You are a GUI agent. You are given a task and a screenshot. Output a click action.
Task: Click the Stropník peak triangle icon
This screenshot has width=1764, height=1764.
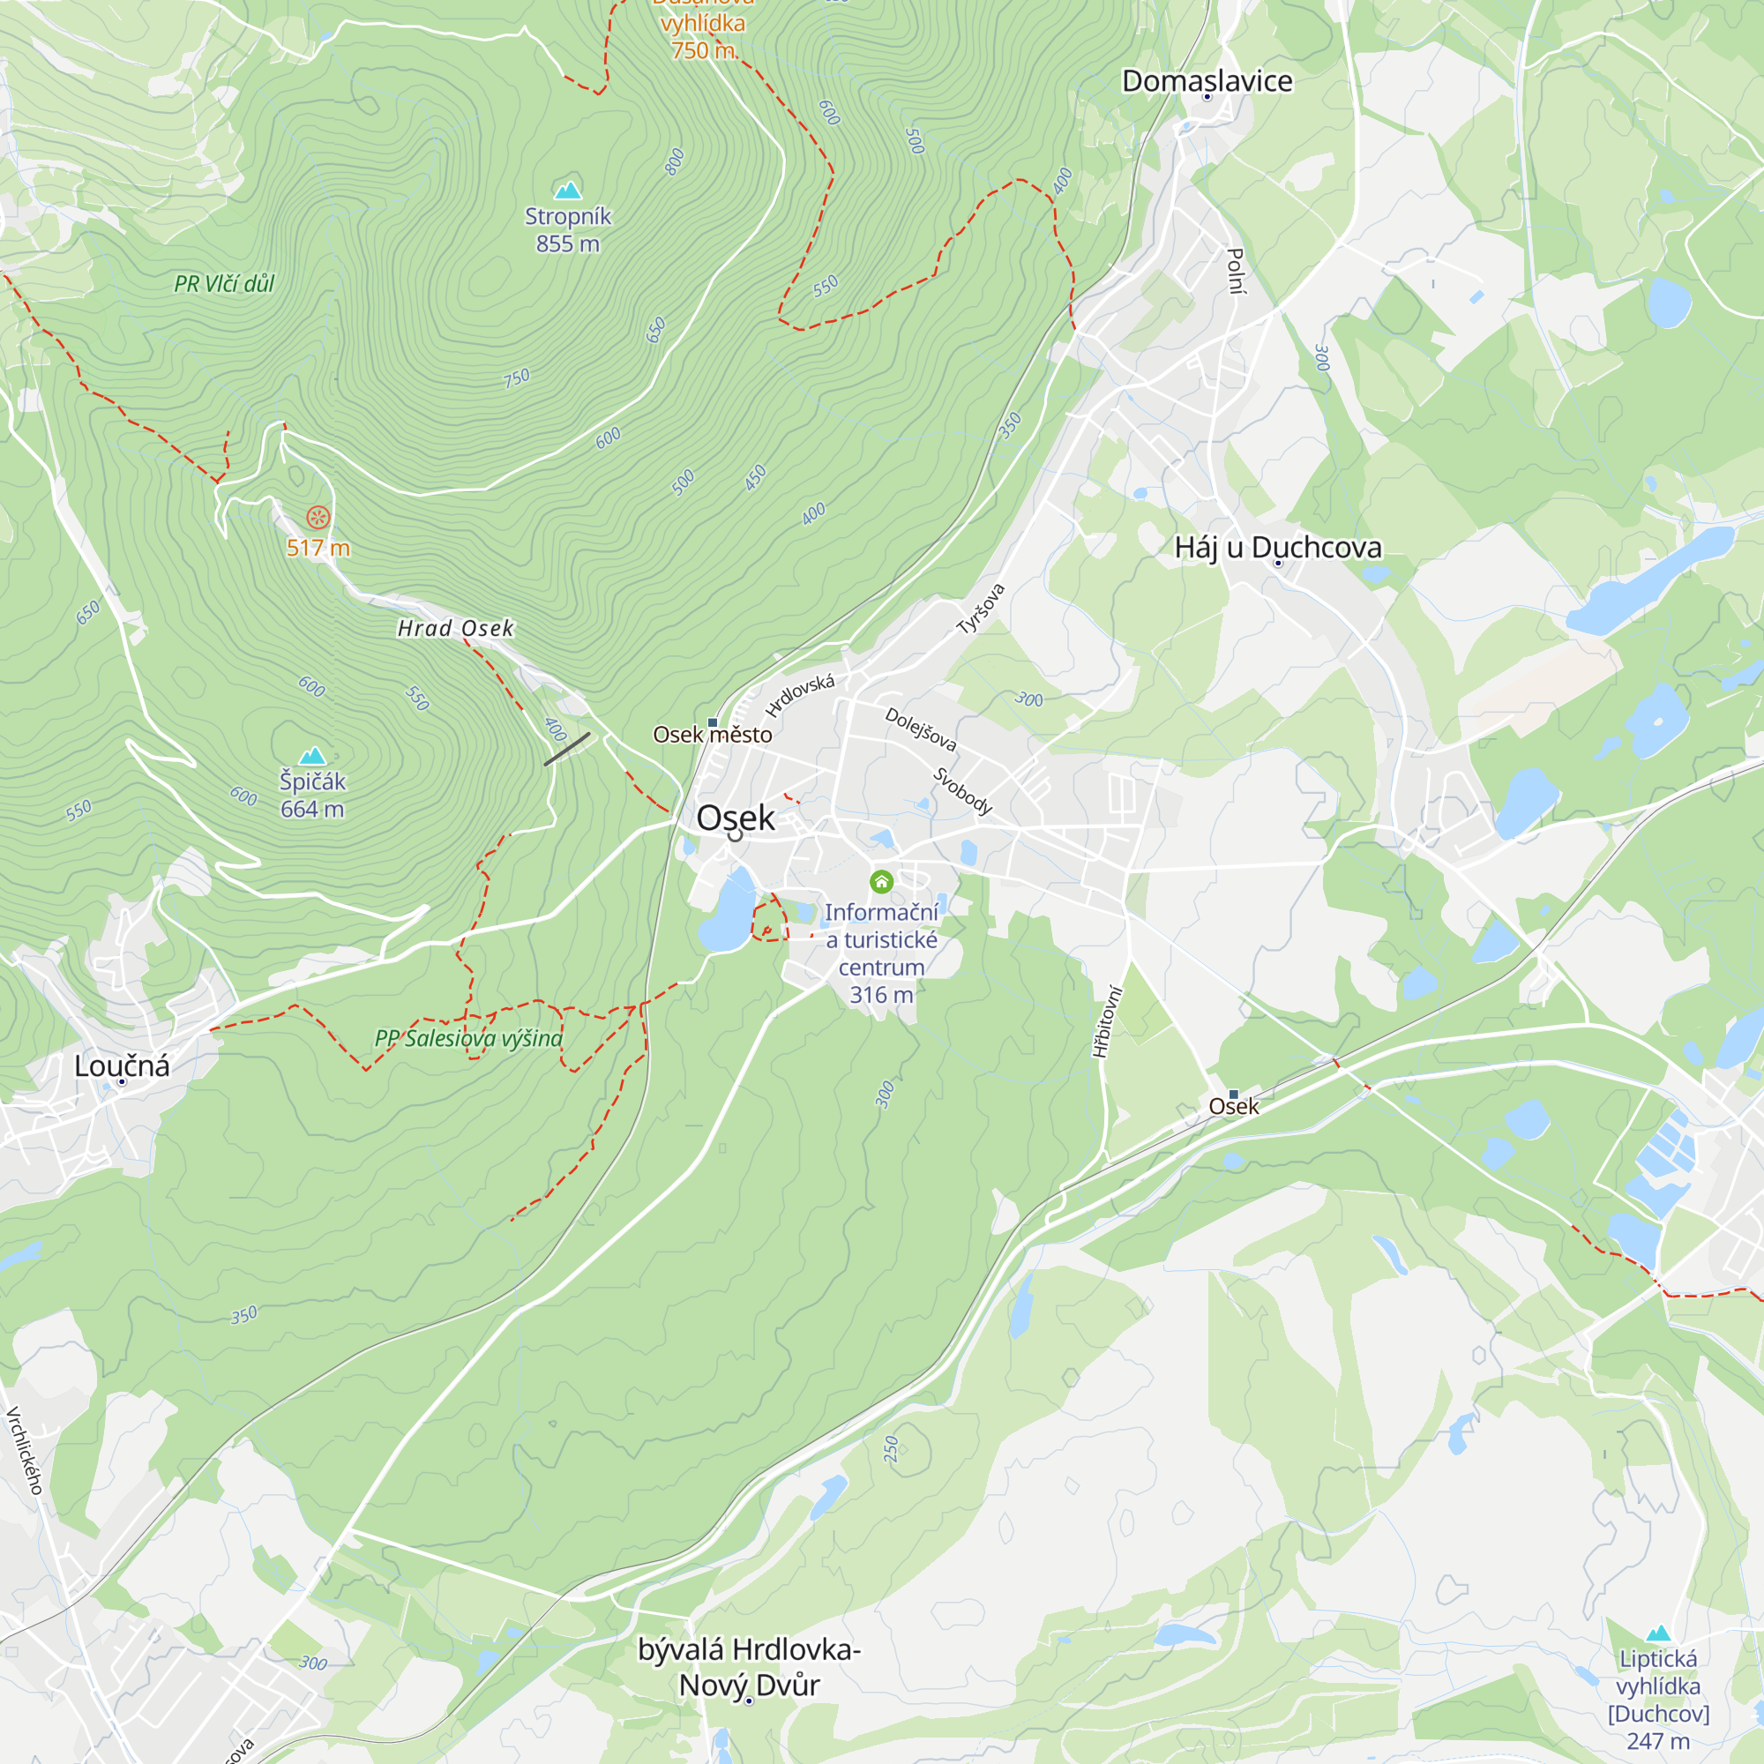pos(568,190)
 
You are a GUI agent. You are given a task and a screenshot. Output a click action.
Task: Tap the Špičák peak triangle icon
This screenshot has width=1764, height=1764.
pos(312,755)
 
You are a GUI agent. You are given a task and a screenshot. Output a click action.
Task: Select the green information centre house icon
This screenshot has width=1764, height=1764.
pos(881,881)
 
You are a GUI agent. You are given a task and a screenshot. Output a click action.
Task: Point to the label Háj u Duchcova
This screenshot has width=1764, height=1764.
pos(1277,547)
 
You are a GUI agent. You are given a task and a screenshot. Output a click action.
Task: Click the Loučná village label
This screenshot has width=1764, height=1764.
pos(122,1065)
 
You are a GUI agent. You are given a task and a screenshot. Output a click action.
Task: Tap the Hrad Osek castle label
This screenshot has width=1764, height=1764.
pos(456,628)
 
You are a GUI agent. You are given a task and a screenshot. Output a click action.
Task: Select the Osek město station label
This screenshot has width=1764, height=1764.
pos(712,734)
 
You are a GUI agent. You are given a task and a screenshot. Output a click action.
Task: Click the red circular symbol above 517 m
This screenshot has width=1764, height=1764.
pos(318,518)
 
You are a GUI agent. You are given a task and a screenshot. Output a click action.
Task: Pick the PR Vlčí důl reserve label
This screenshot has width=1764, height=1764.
pos(225,284)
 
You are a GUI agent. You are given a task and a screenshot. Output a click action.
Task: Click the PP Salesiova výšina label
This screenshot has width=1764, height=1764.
pos(468,1038)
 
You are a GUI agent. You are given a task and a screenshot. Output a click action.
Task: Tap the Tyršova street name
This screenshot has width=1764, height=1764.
pos(981,608)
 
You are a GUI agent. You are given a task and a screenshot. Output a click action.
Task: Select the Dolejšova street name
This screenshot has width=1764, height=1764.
pos(920,729)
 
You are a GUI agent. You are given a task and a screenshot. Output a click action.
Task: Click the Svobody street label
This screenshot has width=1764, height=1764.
pos(962,790)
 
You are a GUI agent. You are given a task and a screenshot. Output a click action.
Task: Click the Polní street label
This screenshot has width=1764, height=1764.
pos(1235,271)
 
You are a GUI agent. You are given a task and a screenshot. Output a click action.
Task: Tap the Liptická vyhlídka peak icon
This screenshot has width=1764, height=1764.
pos(1658,1633)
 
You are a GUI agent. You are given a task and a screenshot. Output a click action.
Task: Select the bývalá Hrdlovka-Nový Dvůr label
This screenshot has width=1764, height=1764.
pos(749,1666)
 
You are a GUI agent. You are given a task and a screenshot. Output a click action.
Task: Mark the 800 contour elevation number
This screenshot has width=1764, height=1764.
pos(675,161)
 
